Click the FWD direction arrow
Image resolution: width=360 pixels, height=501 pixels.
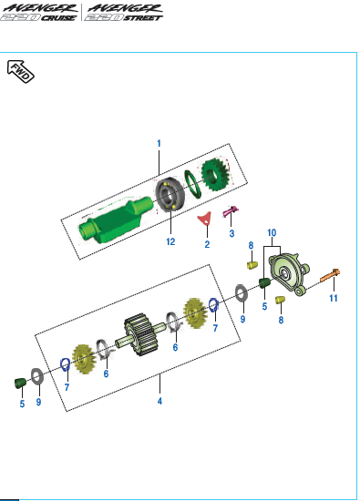click(x=20, y=72)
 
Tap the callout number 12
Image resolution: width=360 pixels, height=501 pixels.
click(x=170, y=241)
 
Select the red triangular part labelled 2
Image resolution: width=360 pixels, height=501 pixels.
click(x=204, y=219)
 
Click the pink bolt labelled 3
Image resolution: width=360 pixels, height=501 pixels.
click(x=231, y=211)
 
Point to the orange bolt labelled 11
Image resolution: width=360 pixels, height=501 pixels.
click(x=330, y=276)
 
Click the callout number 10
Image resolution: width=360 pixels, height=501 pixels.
click(x=272, y=233)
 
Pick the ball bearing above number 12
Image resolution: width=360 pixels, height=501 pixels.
click(x=170, y=194)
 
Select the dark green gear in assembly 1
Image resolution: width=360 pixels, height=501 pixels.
click(x=215, y=175)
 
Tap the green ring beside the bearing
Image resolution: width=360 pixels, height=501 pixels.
click(x=193, y=183)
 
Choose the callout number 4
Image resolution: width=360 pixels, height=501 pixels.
click(x=159, y=401)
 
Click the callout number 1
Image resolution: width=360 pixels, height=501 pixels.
click(x=159, y=143)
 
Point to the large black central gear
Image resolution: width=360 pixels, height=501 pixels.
click(x=140, y=334)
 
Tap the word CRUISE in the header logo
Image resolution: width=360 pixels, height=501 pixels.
click(x=58, y=18)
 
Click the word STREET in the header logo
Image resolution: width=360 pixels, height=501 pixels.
click(x=143, y=18)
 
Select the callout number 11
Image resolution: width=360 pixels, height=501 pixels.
click(x=334, y=298)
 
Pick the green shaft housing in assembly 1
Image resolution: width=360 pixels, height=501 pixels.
click(x=116, y=219)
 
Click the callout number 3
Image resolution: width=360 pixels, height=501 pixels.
click(x=231, y=233)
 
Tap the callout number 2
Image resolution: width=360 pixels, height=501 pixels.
click(x=207, y=244)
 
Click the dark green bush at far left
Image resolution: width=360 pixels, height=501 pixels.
click(x=21, y=383)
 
